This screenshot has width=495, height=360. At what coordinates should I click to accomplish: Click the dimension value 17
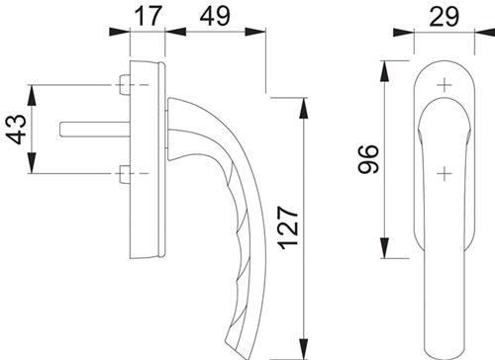coord(148,16)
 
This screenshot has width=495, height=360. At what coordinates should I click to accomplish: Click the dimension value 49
coord(215,16)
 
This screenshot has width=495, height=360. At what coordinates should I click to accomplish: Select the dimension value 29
coord(444,16)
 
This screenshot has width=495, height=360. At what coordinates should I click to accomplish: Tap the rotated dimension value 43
coord(17,129)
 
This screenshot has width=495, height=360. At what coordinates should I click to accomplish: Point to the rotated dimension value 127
coord(288,227)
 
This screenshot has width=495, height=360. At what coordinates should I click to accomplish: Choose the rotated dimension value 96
coord(367,159)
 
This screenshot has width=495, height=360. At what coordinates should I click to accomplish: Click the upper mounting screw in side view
coord(124,85)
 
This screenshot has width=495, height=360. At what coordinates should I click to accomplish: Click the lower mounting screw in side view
coord(124,173)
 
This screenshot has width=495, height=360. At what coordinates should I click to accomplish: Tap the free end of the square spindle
coord(61,129)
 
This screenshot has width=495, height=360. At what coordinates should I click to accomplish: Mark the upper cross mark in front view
coord(445,85)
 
